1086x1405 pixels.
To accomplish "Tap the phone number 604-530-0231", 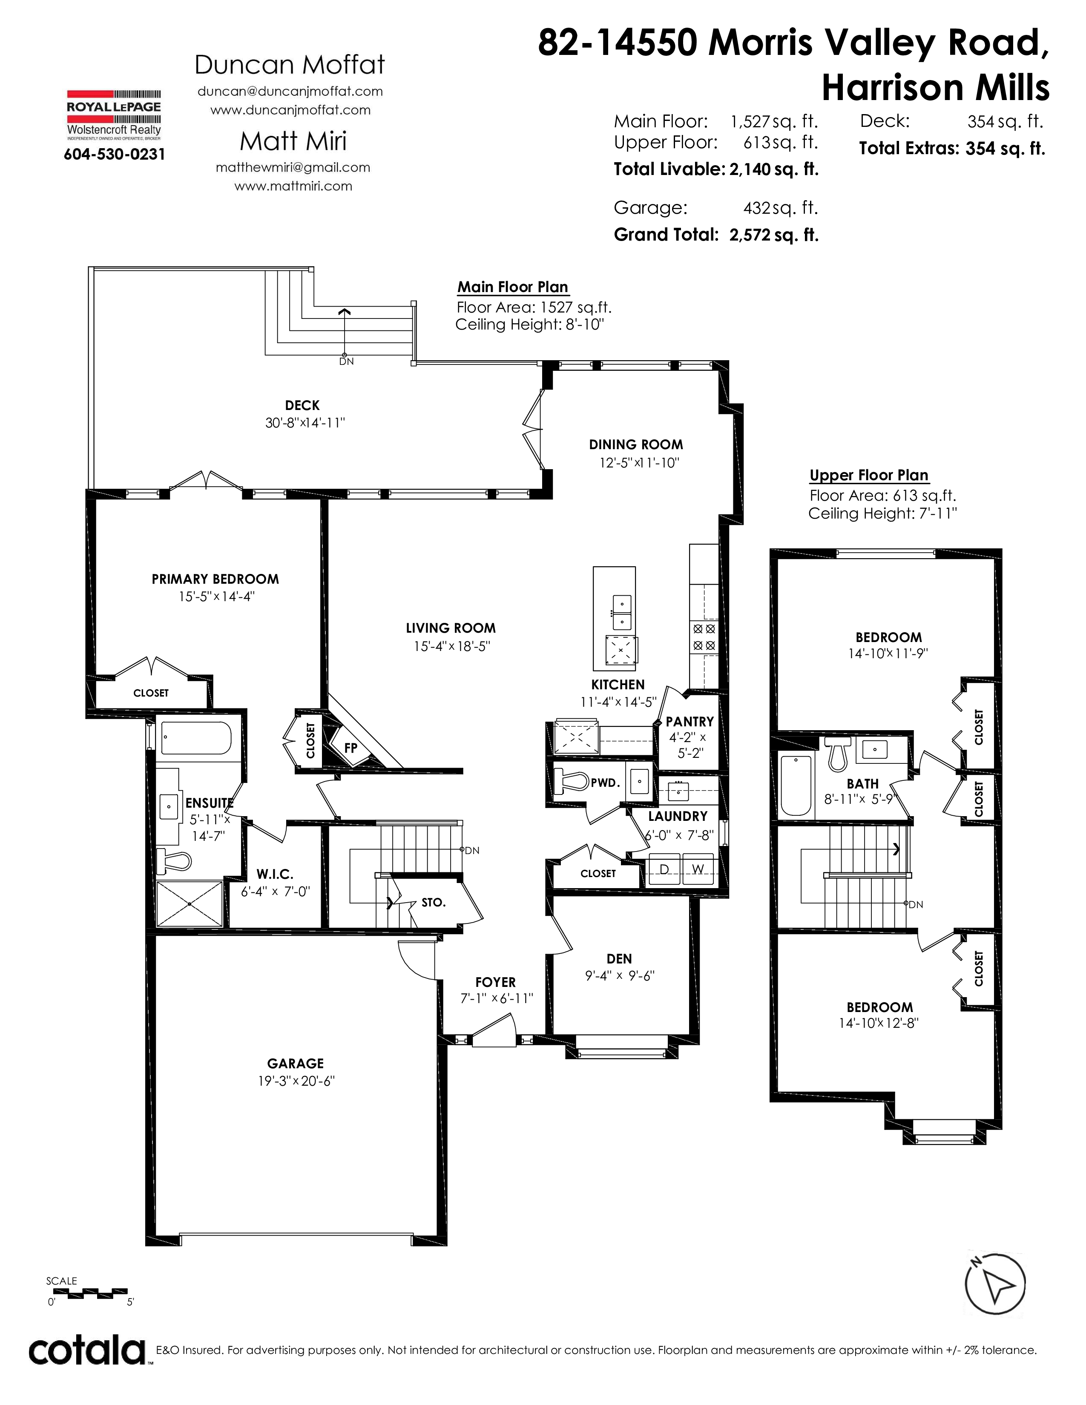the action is (115, 155).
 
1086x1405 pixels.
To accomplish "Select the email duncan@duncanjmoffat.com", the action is (290, 92).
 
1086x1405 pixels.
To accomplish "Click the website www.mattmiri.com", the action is (293, 186).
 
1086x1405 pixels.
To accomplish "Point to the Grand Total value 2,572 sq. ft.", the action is (774, 235).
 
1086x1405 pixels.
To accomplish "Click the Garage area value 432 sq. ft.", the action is (780, 208).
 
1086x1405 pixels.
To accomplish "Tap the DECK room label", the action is (302, 405).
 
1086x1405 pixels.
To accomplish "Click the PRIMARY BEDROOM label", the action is (215, 579).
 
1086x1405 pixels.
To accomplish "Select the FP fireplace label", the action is (351, 748).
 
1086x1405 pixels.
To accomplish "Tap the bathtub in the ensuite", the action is (195, 738).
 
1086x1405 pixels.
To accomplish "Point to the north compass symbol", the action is (994, 1284).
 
